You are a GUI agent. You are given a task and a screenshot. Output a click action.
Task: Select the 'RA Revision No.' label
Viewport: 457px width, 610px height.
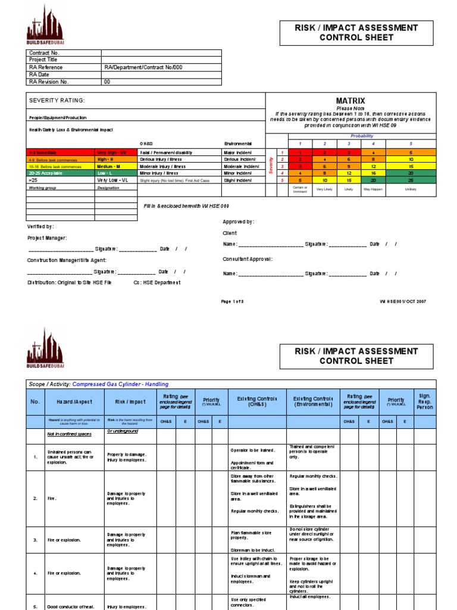49,82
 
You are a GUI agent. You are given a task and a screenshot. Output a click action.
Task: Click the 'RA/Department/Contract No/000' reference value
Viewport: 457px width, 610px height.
143,68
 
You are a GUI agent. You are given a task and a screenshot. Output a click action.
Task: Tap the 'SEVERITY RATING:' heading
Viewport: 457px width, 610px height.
57,101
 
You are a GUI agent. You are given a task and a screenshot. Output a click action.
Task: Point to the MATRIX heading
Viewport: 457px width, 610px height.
350,101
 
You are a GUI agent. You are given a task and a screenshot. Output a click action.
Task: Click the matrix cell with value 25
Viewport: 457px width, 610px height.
411,180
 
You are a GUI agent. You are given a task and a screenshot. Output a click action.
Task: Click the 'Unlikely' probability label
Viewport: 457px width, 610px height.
411,189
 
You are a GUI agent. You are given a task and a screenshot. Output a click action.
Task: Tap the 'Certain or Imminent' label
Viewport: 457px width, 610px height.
300,190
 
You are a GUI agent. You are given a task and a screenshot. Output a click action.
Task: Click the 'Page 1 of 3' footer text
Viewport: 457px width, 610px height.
233,301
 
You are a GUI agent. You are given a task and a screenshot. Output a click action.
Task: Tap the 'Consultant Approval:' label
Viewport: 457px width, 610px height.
248,259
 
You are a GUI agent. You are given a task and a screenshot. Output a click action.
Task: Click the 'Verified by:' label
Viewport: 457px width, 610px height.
40,226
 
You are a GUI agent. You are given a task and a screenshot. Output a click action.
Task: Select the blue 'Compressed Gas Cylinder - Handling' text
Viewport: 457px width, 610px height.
128,384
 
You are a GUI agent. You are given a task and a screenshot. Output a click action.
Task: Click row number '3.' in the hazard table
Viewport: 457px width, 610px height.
35,540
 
